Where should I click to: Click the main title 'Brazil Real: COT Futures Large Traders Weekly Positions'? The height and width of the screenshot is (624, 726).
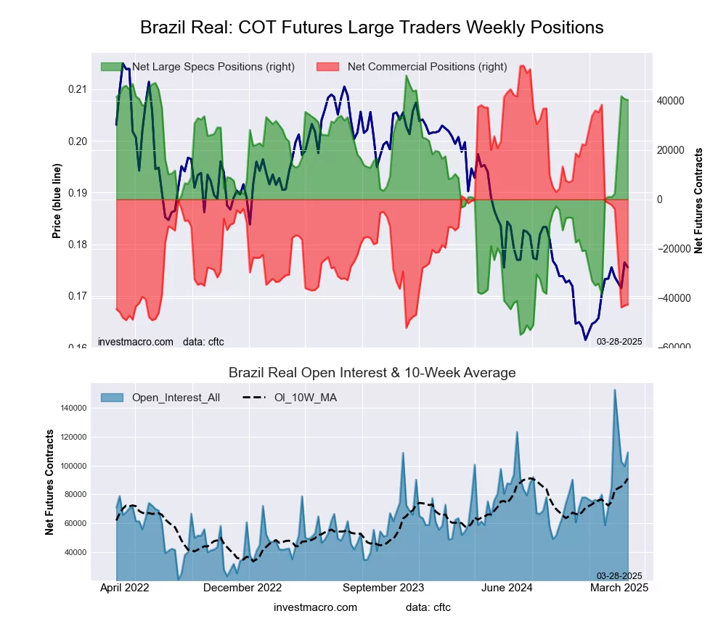point(372,28)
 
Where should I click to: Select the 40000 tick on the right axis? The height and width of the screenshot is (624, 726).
point(672,101)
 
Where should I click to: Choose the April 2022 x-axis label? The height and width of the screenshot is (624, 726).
point(123,588)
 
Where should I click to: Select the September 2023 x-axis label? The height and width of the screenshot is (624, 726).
point(383,588)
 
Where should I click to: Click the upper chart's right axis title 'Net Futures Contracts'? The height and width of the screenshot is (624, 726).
point(699,200)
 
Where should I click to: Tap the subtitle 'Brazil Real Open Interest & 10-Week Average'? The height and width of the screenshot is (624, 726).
point(372,373)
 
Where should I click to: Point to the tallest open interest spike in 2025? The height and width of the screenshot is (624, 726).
point(615,390)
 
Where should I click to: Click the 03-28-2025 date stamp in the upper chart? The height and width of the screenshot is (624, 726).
point(619,342)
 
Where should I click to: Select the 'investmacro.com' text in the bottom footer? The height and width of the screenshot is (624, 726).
point(315,607)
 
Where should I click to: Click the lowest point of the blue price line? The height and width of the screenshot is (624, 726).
point(585,339)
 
